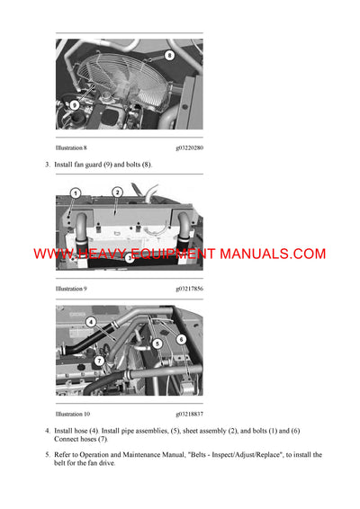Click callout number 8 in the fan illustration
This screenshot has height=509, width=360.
click(170, 56)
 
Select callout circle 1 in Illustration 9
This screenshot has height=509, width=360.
click(76, 193)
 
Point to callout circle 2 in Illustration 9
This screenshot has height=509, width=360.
click(117, 192)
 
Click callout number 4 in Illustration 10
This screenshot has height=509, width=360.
click(91, 321)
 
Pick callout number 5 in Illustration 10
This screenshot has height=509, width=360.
click(157, 343)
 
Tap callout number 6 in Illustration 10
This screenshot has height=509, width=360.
click(181, 339)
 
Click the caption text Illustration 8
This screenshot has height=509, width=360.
click(71, 147)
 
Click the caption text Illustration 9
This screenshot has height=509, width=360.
click(71, 289)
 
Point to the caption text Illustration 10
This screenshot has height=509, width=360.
click(73, 415)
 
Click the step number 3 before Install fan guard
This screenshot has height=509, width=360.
click(47, 165)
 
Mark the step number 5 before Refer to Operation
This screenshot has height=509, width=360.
click(47, 455)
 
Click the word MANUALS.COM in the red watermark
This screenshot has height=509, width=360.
click(274, 254)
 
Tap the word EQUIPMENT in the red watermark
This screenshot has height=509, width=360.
click(169, 254)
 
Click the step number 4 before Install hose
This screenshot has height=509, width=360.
click(47, 431)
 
